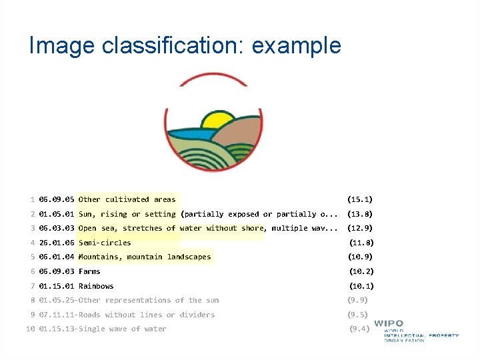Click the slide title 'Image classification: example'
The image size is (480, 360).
pos(185,45)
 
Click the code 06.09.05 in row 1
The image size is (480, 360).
pos(57,199)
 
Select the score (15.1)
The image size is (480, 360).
pos(360,199)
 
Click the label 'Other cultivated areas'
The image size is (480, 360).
pos(127,199)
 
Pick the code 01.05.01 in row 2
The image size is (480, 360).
pos(57,214)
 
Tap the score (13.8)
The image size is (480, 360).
pos(360,214)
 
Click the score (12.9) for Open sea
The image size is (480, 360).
pos(360,228)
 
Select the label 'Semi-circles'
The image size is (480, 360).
pos(105,243)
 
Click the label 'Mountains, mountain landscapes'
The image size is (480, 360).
pos(145,257)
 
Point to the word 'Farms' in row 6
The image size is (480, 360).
pos(89,271)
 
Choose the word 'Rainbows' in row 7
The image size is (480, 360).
pos(96,286)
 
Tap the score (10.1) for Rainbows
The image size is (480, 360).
pos(361,286)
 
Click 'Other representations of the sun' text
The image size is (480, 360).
pos(149,300)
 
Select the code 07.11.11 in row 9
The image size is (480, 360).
pos(57,315)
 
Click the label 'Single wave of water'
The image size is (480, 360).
pos(122,329)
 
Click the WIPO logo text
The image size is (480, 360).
pos(388,324)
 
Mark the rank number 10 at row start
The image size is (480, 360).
pos(30,329)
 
